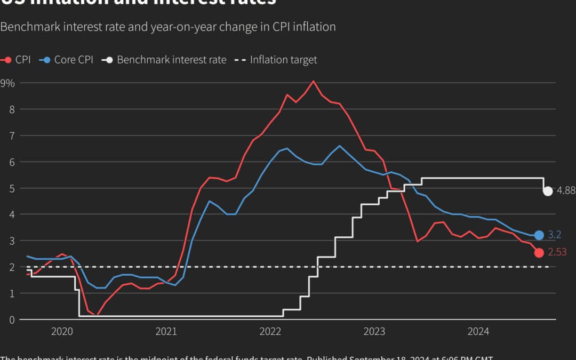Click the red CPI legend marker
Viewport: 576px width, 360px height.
(x=6, y=60)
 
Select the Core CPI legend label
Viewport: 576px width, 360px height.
(x=74, y=60)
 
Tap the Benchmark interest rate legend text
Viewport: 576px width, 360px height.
(x=171, y=60)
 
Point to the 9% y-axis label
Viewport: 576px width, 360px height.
(x=7, y=83)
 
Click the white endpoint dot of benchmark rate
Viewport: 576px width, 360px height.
(x=548, y=191)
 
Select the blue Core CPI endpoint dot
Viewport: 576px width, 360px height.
(x=539, y=235)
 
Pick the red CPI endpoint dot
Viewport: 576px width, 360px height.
(x=539, y=253)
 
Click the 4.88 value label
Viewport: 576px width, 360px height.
(x=566, y=191)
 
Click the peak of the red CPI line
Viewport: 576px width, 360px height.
(x=313, y=81)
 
